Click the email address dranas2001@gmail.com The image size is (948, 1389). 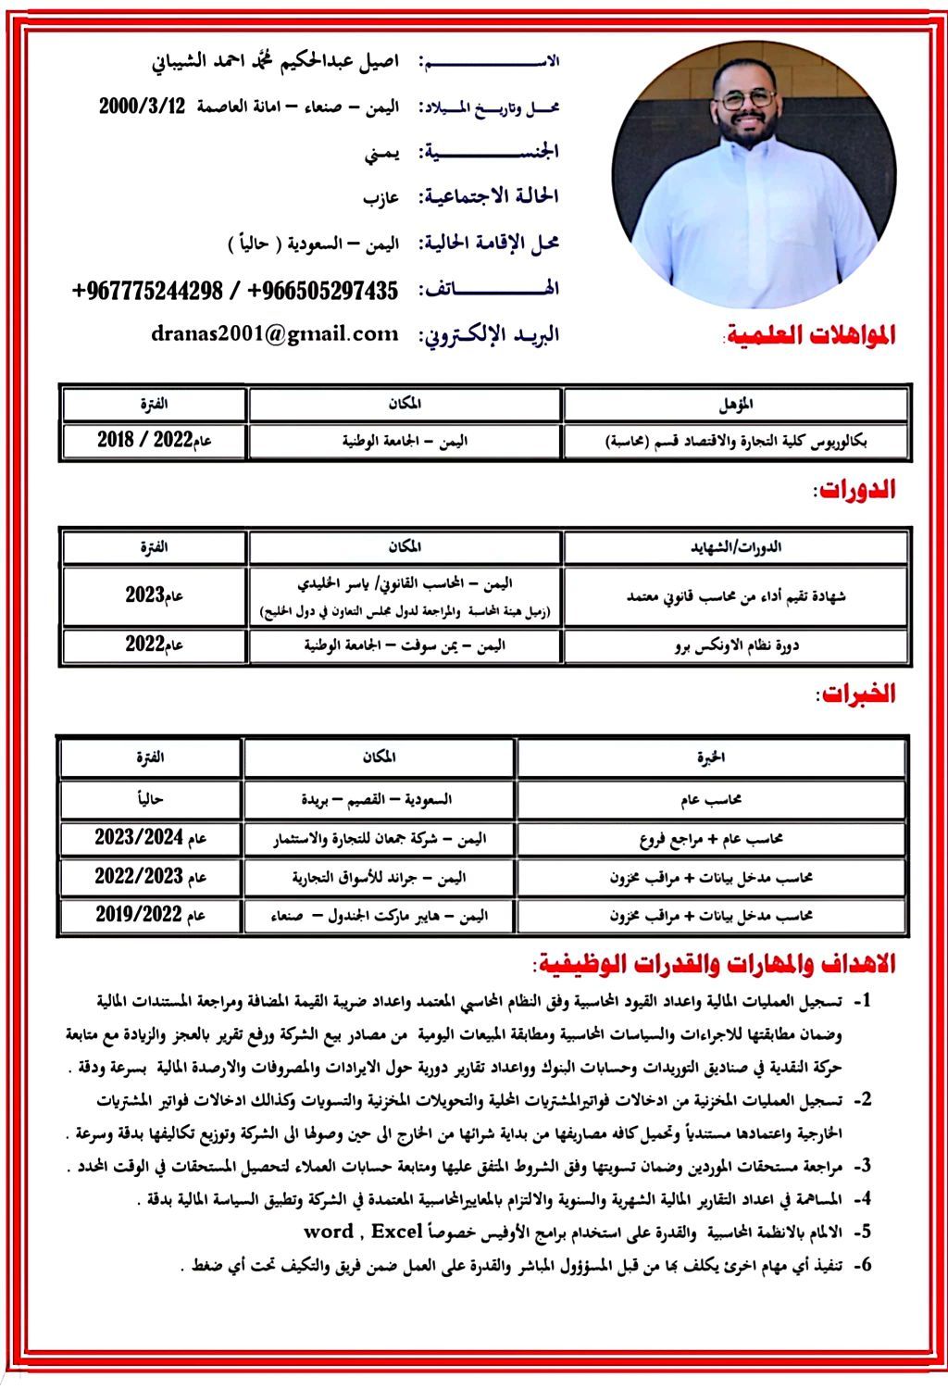[x=275, y=334]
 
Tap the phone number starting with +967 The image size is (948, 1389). [x=147, y=291]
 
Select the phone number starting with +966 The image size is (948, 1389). [x=323, y=291]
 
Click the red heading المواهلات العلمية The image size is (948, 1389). [x=810, y=336]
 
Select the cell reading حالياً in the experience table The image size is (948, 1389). [x=151, y=799]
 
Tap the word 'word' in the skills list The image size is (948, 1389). [x=329, y=1233]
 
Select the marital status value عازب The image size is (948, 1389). [x=380, y=197]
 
